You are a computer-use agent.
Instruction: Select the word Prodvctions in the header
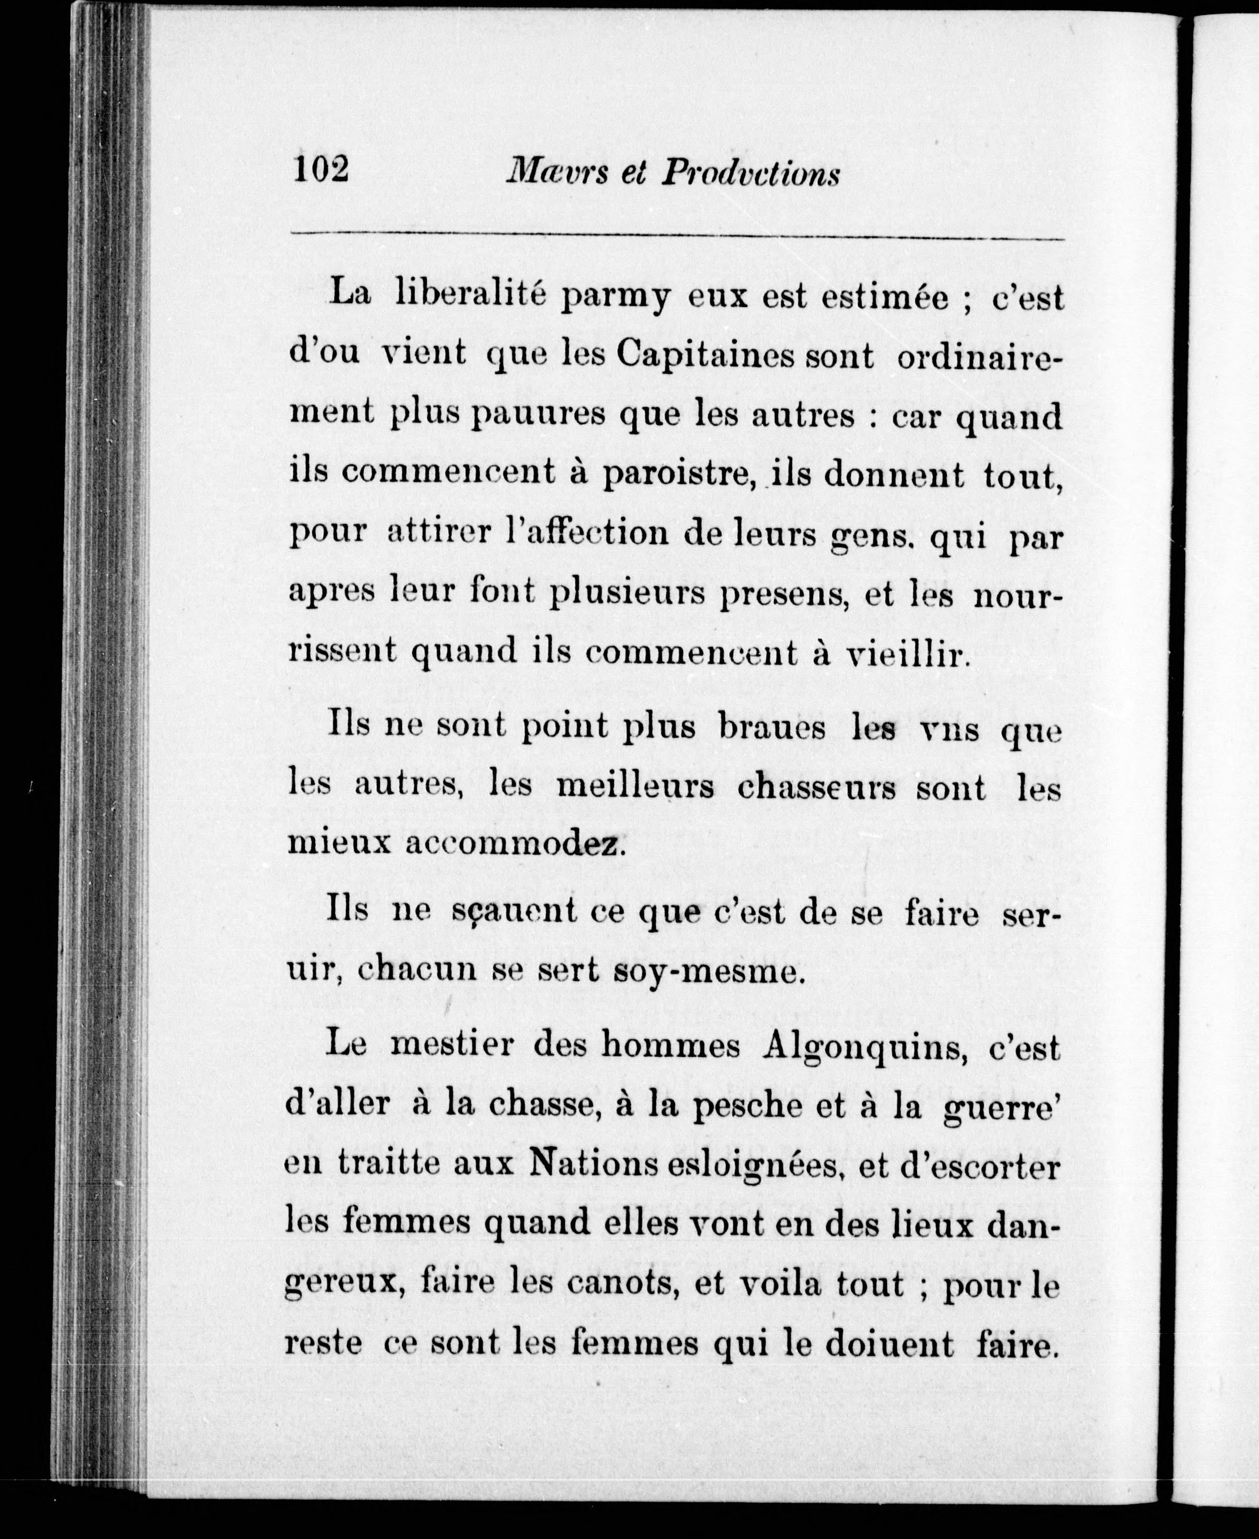click(750, 175)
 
